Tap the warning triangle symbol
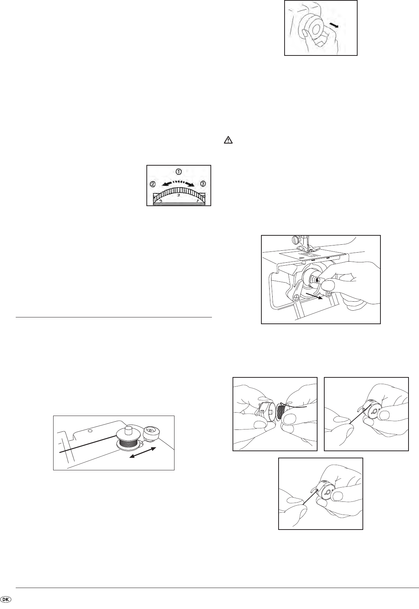pos(228,140)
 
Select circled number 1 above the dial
pos(179,172)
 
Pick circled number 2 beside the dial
pos(153,184)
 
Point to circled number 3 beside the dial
pos(203,184)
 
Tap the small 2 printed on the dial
pos(179,195)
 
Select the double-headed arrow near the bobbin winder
pos(143,452)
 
